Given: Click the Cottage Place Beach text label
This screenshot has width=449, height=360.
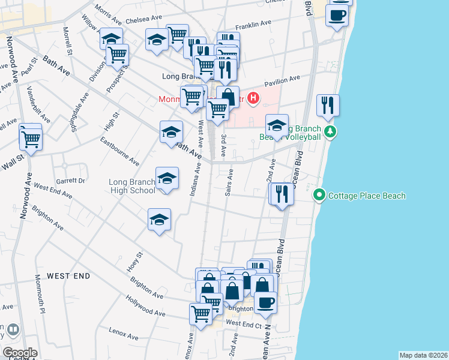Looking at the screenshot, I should (x=367, y=196).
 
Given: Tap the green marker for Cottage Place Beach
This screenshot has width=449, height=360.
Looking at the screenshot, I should (x=319, y=196).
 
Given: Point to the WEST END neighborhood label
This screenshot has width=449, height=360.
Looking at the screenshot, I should (x=68, y=276).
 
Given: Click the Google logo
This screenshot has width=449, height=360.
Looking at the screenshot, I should (x=19, y=353).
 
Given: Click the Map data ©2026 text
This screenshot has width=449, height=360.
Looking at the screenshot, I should (x=423, y=355).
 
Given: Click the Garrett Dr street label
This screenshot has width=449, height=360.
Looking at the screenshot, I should (x=71, y=180).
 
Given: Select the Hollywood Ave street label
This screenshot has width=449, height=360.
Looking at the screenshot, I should (x=145, y=305).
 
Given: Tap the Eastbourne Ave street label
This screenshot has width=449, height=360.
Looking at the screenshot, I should (x=119, y=151).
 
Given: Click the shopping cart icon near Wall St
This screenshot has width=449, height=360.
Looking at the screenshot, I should (x=31, y=138).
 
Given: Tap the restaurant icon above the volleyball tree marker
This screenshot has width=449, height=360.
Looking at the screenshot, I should (x=328, y=105).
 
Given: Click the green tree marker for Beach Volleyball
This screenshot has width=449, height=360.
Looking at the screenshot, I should (x=329, y=131).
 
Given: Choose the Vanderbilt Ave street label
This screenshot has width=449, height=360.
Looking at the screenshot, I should (x=39, y=104).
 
